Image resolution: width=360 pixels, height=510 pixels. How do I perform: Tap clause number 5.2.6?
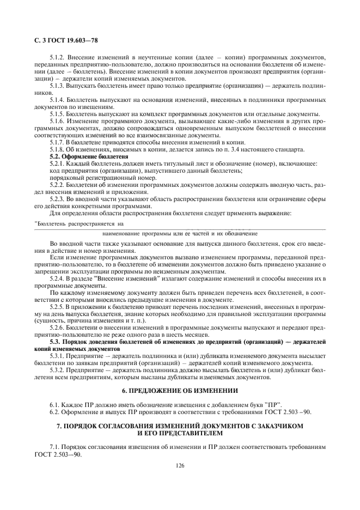coord(58,328)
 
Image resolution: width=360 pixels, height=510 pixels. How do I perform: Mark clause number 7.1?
coord(54,446)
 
